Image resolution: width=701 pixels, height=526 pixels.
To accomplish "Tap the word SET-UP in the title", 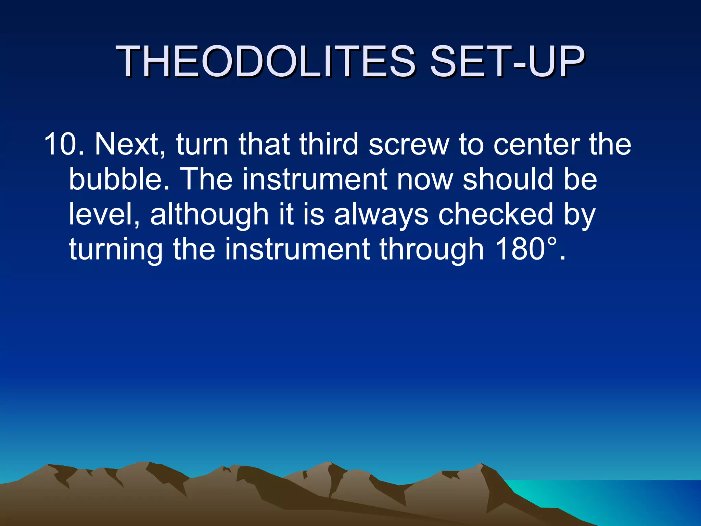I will coord(507,62).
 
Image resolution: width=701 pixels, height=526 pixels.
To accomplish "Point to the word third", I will coord(329,144).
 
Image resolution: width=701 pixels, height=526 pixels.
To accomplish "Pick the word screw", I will coord(409,144).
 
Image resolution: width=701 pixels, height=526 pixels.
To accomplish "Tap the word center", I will coord(536,144).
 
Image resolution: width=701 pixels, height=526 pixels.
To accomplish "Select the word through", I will coord(432,249).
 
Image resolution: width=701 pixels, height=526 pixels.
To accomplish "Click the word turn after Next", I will coord(202,144).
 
